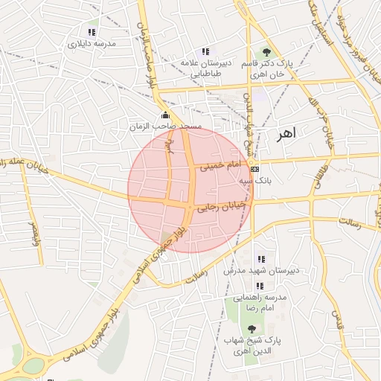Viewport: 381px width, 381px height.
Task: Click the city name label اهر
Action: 285,134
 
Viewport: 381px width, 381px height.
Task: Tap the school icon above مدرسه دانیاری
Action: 92,33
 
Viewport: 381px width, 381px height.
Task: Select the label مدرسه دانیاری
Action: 92,45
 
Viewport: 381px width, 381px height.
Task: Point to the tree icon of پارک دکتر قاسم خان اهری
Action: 266,51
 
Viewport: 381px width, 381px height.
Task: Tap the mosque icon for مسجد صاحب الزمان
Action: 165,115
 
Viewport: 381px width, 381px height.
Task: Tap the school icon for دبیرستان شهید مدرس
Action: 260,259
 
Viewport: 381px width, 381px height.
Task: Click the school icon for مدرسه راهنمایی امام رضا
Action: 260,286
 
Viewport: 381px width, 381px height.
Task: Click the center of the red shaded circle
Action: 190,189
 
